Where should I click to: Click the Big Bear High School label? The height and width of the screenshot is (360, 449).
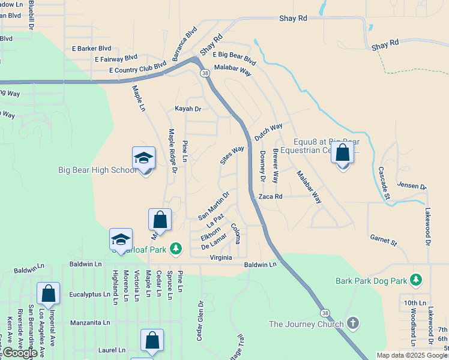point(97,170)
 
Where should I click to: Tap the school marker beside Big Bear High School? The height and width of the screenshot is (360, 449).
point(144,159)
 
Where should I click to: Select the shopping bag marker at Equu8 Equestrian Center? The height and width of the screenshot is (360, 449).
point(342,154)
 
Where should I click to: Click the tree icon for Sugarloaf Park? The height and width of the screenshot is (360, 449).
point(175,248)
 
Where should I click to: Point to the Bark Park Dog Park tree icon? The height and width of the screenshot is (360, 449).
point(416,280)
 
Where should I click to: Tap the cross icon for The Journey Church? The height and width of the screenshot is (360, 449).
point(353,324)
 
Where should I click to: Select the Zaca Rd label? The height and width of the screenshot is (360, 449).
point(270,196)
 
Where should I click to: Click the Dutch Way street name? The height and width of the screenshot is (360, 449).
point(268,132)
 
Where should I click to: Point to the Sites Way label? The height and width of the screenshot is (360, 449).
point(232,155)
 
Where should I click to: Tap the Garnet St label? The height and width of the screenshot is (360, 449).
point(384,241)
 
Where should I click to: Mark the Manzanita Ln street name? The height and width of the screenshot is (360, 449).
point(90,322)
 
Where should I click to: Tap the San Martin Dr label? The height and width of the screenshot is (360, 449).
point(214,205)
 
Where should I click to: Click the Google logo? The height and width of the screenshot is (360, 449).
point(19,353)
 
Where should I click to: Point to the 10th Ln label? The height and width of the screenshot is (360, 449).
point(415,302)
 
